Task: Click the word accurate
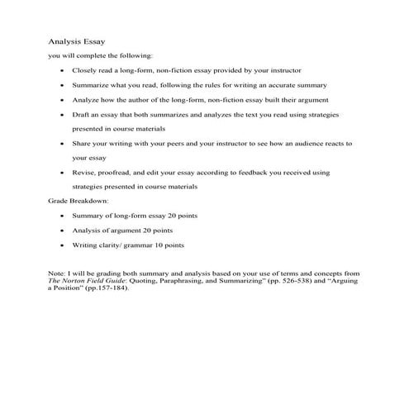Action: point(287,85)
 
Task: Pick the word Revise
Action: point(83,173)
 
